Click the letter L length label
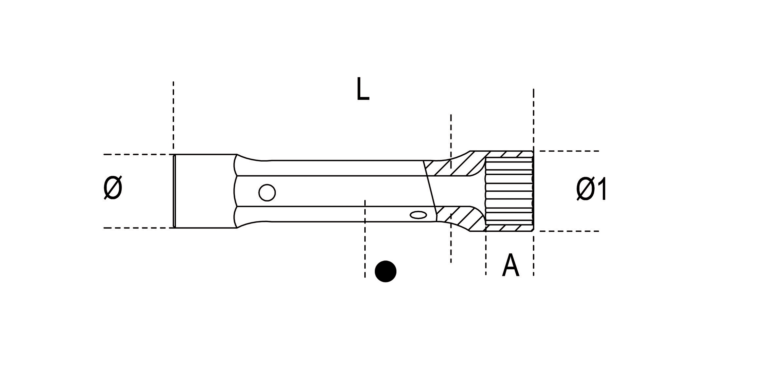(x=362, y=89)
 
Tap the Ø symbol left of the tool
(x=113, y=187)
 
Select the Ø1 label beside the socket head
(x=591, y=189)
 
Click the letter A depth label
(x=510, y=265)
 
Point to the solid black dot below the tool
(x=386, y=271)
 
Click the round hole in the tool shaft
(x=267, y=192)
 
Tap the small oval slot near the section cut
(x=418, y=215)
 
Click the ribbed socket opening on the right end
(x=509, y=191)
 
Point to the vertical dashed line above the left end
(x=173, y=115)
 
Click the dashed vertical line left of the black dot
(x=365, y=239)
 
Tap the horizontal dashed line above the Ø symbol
(x=138, y=154)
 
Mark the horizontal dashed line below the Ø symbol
(x=138, y=228)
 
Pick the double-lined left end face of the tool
(x=174, y=191)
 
